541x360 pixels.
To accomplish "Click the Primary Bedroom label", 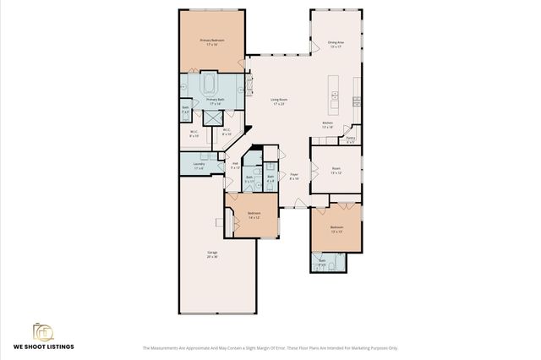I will tap(211, 42).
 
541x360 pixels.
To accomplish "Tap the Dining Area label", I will tap(336, 44).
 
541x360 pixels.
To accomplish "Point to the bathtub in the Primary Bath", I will tap(209, 85).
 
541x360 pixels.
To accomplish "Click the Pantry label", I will tap(351, 139).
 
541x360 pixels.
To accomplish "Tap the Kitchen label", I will tap(328, 124).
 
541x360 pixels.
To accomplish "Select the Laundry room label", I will tap(199, 165).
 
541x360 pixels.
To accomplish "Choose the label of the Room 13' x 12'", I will tap(336, 169).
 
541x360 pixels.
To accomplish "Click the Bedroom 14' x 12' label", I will tap(254, 215).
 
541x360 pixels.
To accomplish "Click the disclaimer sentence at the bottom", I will tap(270, 347).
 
